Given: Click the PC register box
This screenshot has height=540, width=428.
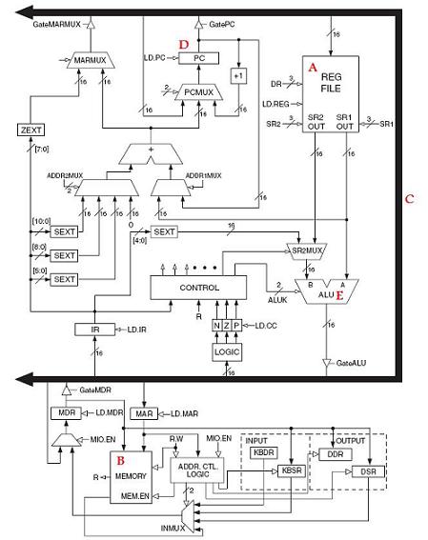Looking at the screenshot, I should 198,58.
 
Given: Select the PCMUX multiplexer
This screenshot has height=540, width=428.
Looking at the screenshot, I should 198,91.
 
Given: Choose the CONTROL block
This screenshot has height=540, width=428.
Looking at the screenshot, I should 198,287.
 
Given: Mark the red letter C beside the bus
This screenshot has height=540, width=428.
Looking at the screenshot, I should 409,199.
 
